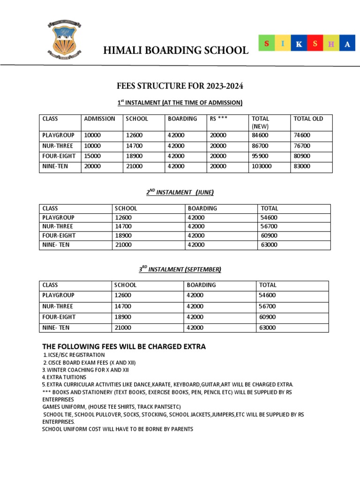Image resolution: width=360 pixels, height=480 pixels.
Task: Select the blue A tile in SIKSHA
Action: (347, 44)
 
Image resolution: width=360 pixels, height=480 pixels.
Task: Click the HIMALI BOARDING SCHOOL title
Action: (176, 50)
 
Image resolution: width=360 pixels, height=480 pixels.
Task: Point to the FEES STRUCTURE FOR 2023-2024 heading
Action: (180, 86)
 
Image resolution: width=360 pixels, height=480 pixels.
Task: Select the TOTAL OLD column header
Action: (308, 119)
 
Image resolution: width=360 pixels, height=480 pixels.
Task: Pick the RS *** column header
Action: (219, 119)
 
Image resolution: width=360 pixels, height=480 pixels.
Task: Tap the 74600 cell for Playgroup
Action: (302, 135)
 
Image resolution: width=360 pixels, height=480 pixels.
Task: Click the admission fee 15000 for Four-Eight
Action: (92, 156)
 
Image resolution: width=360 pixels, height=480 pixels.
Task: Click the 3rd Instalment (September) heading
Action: (180, 269)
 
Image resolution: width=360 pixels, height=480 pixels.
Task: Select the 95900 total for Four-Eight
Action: (260, 156)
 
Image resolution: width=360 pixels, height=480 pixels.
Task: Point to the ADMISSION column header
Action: (99, 119)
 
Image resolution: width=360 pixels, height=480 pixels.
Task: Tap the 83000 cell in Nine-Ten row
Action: (302, 166)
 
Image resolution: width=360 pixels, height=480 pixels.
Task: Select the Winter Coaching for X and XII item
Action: (85, 369)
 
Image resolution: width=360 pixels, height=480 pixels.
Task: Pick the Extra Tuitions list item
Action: (64, 377)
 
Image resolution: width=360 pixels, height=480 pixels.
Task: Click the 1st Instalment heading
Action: (180, 103)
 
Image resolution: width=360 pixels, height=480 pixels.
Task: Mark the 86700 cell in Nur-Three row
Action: (260, 146)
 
